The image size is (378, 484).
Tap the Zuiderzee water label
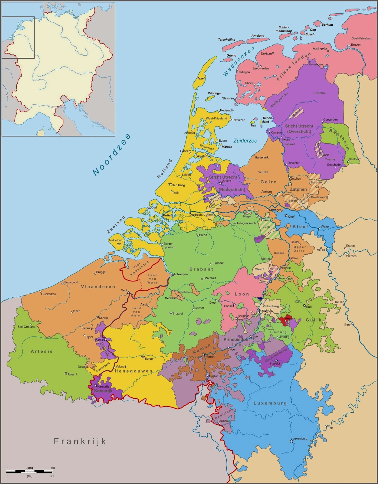tap(245, 141)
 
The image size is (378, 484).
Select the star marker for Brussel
tap(171, 312)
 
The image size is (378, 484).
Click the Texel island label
tap(201, 78)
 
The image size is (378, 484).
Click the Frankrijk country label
tap(80, 441)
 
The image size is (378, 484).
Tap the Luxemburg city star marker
tap(291, 441)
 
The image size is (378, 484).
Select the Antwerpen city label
tap(181, 274)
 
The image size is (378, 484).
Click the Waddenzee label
tap(239, 62)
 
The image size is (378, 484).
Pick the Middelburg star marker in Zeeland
tap(119, 244)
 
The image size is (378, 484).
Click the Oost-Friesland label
tap(362, 38)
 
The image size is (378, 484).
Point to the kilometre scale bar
tap(29, 472)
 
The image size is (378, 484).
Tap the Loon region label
tap(242, 294)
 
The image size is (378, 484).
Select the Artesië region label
tap(42, 352)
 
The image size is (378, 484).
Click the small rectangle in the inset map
tap(18, 38)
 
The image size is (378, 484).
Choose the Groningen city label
tap(316, 64)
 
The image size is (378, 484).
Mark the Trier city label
tap(330, 427)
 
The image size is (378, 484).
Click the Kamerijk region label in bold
tap(103, 391)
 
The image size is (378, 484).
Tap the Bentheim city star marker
tap(348, 161)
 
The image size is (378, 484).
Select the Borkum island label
tap(327, 25)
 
